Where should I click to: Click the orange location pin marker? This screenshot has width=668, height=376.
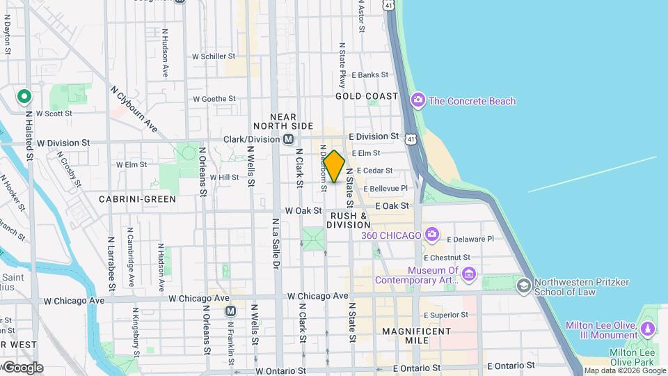point(334,166)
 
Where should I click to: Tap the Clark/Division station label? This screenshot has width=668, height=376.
point(252,139)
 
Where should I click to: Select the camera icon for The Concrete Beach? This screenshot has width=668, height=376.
point(417,101)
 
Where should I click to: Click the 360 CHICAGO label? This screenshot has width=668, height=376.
point(392,235)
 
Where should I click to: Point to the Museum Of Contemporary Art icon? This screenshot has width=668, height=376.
point(469,275)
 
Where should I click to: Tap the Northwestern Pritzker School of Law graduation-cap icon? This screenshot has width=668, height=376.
point(523,286)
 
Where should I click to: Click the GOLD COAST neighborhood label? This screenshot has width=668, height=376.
point(367,96)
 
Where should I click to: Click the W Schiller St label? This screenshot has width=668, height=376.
point(214,56)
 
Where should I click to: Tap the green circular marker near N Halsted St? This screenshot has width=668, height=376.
point(24,97)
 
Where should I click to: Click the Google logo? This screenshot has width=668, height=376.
point(22,367)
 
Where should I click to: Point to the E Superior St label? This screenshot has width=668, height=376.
point(448,315)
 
